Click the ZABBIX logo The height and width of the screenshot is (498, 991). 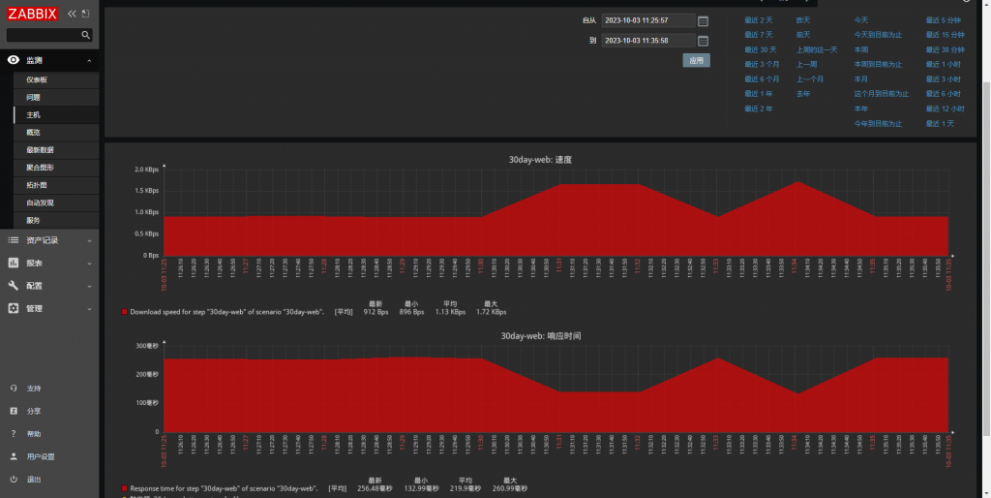tap(33, 14)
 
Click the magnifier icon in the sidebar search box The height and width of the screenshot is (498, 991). tap(85, 35)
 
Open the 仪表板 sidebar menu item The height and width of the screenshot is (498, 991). tap(37, 79)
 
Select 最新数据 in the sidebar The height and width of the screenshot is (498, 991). tap(40, 150)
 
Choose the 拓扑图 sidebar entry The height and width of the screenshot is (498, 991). tap(37, 185)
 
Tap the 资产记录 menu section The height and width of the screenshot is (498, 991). tap(43, 240)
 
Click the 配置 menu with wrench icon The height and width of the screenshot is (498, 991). tap(34, 286)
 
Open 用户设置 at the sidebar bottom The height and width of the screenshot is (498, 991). tap(41, 456)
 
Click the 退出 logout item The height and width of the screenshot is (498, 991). tap(34, 480)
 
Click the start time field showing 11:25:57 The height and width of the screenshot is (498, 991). tap(647, 20)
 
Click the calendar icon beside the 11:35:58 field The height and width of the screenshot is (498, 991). tap(704, 41)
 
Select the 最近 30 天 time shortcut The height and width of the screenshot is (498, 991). tap(761, 49)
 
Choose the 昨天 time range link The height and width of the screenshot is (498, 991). tap(803, 20)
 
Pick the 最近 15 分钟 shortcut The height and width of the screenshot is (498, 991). tap(945, 35)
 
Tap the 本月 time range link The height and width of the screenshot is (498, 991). tap(860, 79)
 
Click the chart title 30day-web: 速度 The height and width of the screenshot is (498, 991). tap(548, 159)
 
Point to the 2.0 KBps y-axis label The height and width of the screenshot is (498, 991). tap(147, 170)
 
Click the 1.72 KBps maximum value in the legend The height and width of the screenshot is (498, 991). tap(493, 312)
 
